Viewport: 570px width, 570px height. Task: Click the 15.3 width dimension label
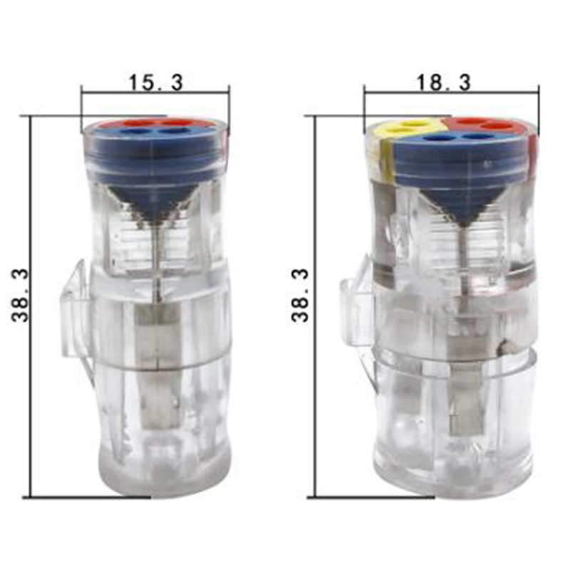point(155,83)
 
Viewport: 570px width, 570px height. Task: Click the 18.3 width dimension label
point(443,83)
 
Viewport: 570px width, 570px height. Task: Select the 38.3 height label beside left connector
point(20,295)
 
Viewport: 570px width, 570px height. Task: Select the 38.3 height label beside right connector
point(300,295)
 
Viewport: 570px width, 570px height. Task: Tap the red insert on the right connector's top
point(484,125)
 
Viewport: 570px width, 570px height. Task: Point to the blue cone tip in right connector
point(463,224)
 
